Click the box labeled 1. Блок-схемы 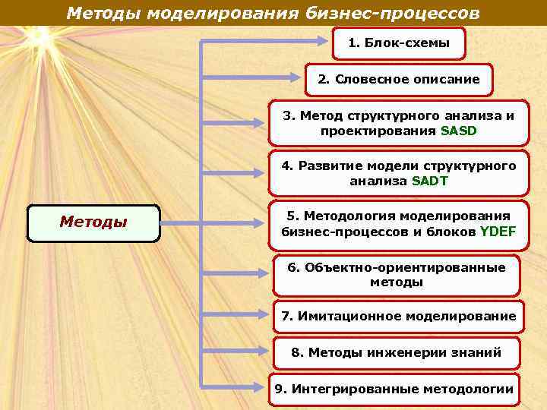[x=399, y=43]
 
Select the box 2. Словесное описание [x=398, y=79]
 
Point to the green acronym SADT [x=429, y=181]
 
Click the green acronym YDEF [x=498, y=232]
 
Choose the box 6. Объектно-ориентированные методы [x=396, y=275]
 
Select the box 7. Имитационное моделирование [x=398, y=316]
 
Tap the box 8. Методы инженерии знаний [x=396, y=352]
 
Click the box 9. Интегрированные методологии [x=394, y=389]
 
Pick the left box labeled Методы [x=93, y=222]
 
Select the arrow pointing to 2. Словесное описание [x=251, y=78]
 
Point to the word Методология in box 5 [x=341, y=216]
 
